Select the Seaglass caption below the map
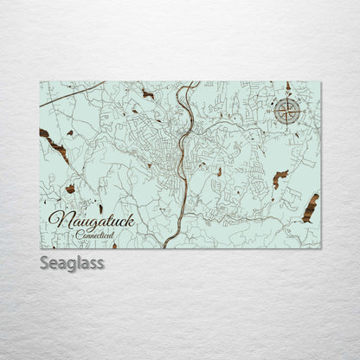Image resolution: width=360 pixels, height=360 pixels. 72,262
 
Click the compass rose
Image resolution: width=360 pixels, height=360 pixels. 288,109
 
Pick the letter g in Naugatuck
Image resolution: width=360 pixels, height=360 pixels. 80,224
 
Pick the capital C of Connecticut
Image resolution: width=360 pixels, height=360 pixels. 77,235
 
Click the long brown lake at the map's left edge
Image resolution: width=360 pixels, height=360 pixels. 54,145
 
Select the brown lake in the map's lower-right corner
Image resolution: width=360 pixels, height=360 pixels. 309,208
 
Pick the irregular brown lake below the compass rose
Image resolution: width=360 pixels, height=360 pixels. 280,178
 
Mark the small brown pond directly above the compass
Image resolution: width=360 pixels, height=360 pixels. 288,87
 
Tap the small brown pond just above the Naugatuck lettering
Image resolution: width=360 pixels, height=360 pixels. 101,209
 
